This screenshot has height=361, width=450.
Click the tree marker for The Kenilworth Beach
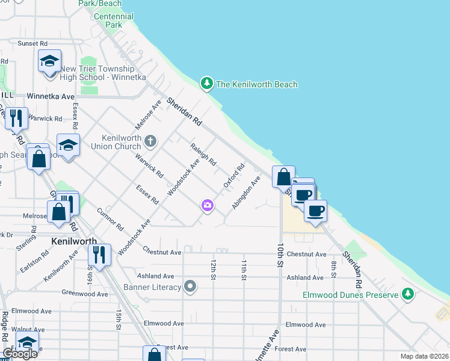(207, 84)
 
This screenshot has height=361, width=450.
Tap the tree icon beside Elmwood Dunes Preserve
(408, 294)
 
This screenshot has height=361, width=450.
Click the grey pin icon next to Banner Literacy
(191, 286)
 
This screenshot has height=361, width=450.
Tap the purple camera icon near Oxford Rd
(208, 206)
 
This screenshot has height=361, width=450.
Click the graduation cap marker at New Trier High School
(49, 61)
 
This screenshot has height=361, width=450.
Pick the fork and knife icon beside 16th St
(100, 255)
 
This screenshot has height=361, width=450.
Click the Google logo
(20, 353)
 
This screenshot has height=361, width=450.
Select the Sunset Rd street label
(32, 43)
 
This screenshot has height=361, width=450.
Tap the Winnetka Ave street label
(51, 96)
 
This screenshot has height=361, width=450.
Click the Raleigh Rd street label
(203, 155)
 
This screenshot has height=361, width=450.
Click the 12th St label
(213, 270)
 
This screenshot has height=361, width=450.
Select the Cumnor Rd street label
(109, 219)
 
